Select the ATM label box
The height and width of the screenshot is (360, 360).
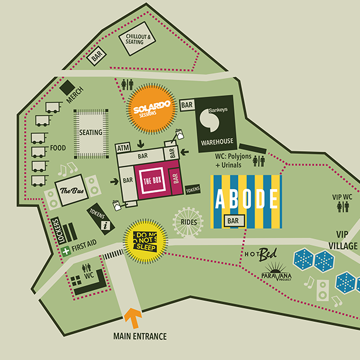tap(124, 148)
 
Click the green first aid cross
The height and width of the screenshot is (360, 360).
tap(66, 251)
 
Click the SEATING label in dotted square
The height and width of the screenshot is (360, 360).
tap(90, 132)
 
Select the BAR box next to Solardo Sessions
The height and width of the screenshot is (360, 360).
tap(187, 105)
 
